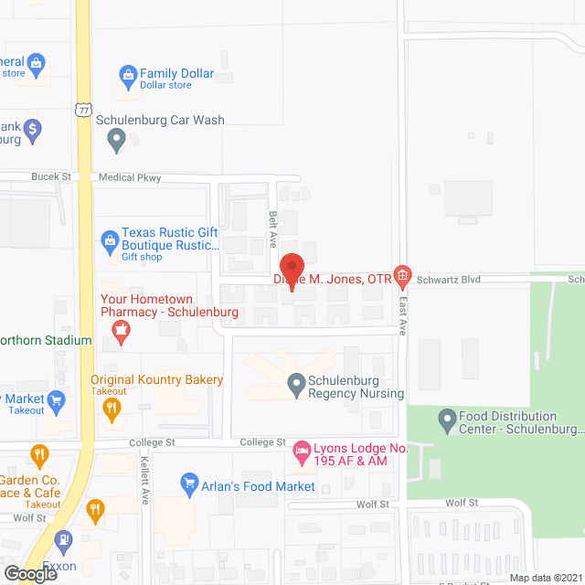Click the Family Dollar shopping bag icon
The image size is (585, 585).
[129, 74]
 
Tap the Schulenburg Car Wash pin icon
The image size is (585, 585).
[116, 140]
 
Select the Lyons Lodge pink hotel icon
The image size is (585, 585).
[301, 450]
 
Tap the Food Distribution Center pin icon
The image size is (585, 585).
[447, 420]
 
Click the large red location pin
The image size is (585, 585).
[291, 271]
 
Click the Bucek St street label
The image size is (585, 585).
[51, 176]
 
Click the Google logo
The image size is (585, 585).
[29, 574]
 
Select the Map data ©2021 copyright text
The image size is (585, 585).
[545, 578]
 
